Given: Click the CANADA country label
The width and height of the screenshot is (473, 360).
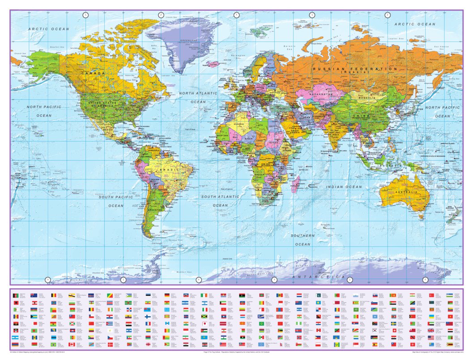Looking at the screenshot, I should (93, 73).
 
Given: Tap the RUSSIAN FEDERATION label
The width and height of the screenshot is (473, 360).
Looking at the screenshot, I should (355, 69).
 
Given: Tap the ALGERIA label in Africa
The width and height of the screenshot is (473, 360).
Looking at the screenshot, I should (237, 123).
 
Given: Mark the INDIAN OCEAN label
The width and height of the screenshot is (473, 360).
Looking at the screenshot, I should (344, 186).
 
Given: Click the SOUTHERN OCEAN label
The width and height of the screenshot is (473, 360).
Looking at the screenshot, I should (303, 240).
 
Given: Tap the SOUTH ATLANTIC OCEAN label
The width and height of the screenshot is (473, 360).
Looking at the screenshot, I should (221, 201).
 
